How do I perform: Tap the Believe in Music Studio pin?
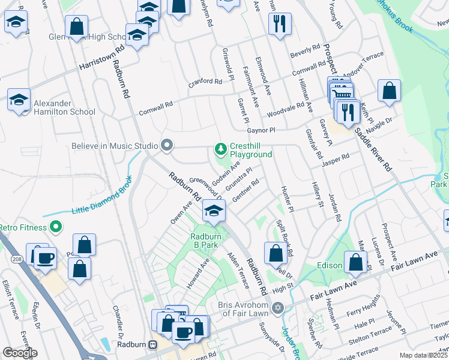(167, 145)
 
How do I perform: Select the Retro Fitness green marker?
(56, 226)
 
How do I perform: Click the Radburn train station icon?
(153, 345)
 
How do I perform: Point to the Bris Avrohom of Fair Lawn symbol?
(277, 308)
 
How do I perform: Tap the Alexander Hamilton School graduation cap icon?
(19, 99)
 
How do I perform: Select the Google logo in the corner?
(20, 353)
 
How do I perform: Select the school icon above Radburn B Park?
(213, 210)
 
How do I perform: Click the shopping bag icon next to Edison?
(356, 262)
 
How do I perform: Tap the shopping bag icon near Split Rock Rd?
(276, 253)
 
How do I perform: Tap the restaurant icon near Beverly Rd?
(280, 23)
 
